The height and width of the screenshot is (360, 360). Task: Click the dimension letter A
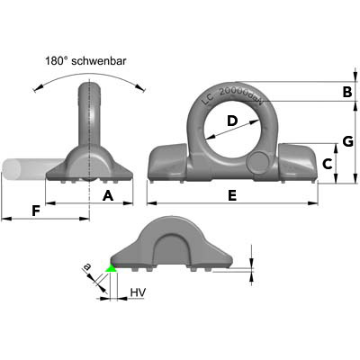point(108,196)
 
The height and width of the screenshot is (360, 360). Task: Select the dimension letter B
point(347,92)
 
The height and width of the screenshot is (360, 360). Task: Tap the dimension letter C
point(327,164)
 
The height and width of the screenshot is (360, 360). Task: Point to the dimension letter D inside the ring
point(232,121)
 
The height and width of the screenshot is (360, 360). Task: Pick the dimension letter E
point(232,196)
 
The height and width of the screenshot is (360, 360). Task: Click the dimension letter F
point(36,211)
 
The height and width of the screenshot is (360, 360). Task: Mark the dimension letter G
point(348,141)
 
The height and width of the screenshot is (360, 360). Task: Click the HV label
point(138,292)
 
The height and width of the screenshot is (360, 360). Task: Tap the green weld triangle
point(112,268)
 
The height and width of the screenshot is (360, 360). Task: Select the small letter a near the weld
point(86,266)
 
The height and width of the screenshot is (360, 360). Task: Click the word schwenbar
point(99,61)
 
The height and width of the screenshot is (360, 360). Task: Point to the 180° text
point(57,61)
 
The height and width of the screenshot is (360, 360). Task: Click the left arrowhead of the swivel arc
point(37,88)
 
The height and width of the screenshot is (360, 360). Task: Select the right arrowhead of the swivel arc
point(139,87)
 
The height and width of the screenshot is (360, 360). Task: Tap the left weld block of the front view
point(168,162)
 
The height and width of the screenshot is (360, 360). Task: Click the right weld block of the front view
point(297,162)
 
